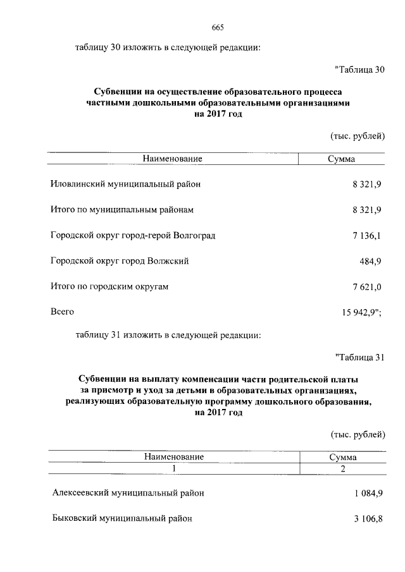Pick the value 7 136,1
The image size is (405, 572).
pyautogui.click(x=367, y=236)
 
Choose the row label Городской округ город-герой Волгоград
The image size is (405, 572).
pyautogui.click(x=133, y=236)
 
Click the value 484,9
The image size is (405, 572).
pyautogui.click(x=371, y=261)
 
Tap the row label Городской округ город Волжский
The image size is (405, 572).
pyautogui.click(x=120, y=261)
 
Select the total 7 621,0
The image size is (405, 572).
pyautogui.click(x=367, y=287)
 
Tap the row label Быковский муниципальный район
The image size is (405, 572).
pyautogui.click(x=121, y=518)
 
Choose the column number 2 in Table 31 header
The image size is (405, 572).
pyautogui.click(x=343, y=468)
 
